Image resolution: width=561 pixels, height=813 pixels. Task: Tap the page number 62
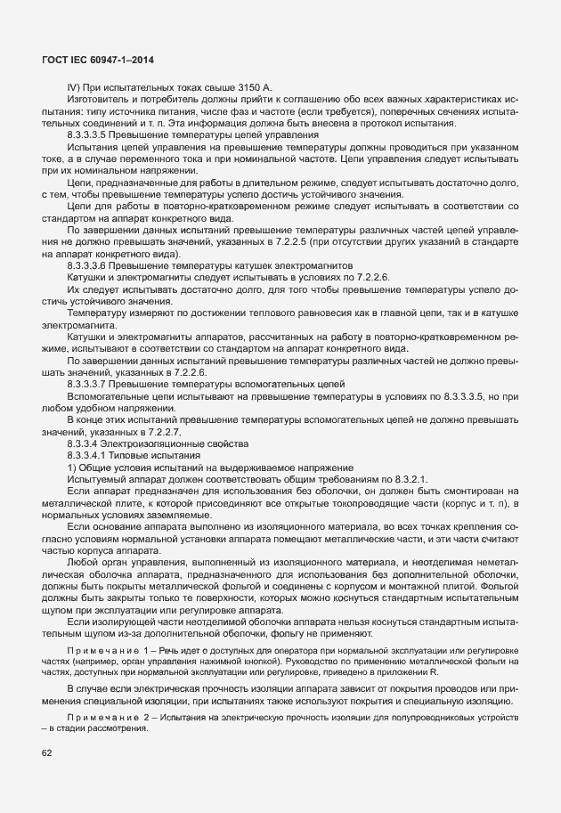[46, 754]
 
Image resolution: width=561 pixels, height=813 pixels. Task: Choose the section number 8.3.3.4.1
[94, 455]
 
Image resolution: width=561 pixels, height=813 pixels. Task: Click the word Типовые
[142, 455]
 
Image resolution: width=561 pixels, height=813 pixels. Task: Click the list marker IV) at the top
[75, 86]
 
